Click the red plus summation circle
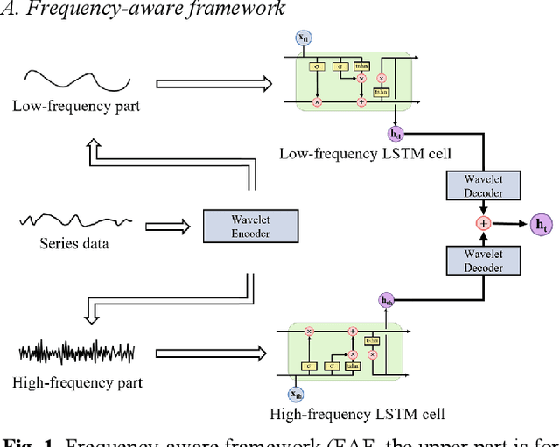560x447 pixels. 482,223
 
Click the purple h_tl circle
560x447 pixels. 395,134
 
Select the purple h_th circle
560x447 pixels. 386,300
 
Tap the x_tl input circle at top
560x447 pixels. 304,38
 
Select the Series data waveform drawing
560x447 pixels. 76,220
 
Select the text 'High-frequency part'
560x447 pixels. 78,382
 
